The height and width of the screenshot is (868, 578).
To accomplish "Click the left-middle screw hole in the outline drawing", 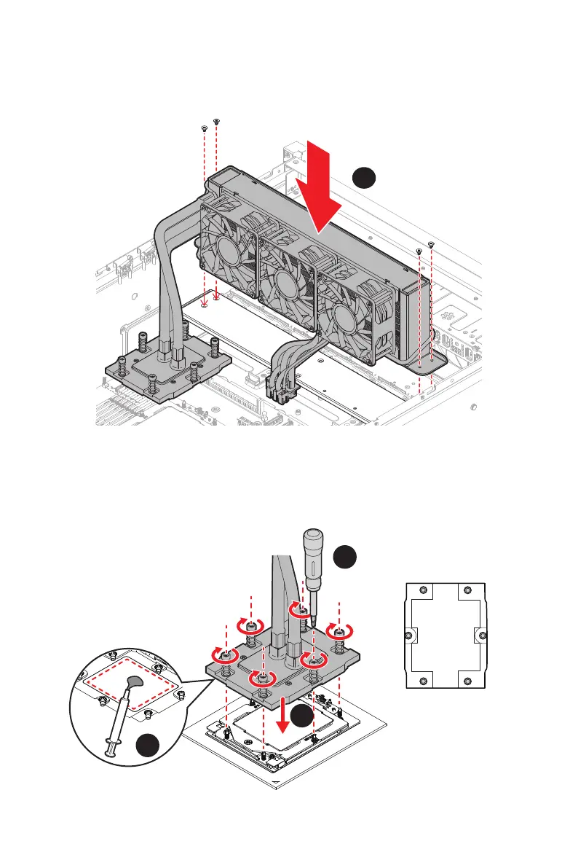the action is tap(409, 635).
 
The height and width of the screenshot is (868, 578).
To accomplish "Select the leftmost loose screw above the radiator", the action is tap(203, 128).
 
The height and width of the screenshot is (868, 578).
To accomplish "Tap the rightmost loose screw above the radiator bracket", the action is tap(432, 244).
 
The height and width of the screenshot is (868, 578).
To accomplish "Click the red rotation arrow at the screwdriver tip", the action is tap(299, 609).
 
